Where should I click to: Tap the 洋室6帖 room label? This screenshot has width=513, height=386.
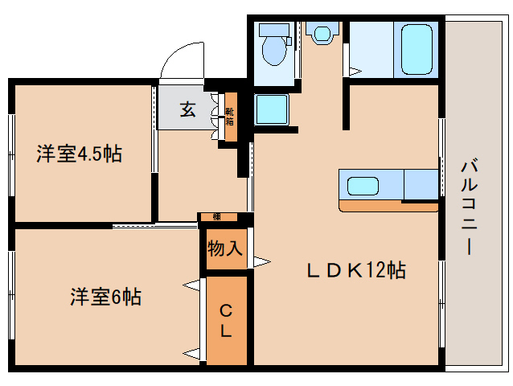pos(105,297)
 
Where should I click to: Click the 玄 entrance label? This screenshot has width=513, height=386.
pos(187,110)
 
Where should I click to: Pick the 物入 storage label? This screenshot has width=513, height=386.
pos(224,248)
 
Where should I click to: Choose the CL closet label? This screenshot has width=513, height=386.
pos(226,319)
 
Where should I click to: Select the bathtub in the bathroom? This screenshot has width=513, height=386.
pos(416,50)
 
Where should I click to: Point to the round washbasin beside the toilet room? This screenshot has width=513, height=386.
pos(323,33)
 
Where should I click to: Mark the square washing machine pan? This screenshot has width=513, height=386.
pos(272,109)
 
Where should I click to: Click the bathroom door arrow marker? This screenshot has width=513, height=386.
pos(355,71)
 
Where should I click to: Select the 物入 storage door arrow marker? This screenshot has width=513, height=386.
pos(262,261)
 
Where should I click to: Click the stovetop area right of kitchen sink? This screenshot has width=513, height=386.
pos(421,185)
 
